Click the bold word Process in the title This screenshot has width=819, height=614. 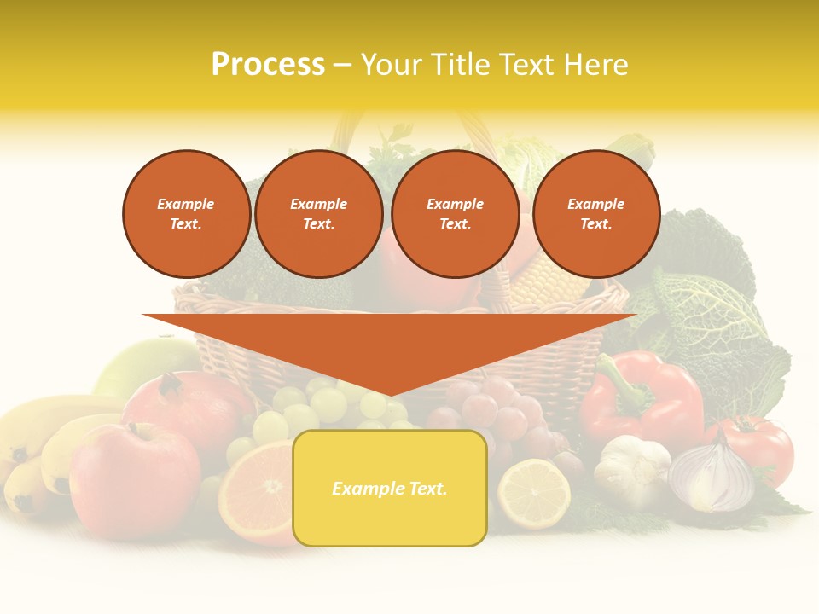268,65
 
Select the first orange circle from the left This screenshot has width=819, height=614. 186,214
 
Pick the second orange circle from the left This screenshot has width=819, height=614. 319,214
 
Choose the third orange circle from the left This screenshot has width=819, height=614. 455,214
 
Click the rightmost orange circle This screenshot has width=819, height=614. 595,214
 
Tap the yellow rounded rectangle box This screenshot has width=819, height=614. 390,488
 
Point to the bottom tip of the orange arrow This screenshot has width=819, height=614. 390,394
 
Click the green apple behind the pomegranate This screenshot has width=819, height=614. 136,362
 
